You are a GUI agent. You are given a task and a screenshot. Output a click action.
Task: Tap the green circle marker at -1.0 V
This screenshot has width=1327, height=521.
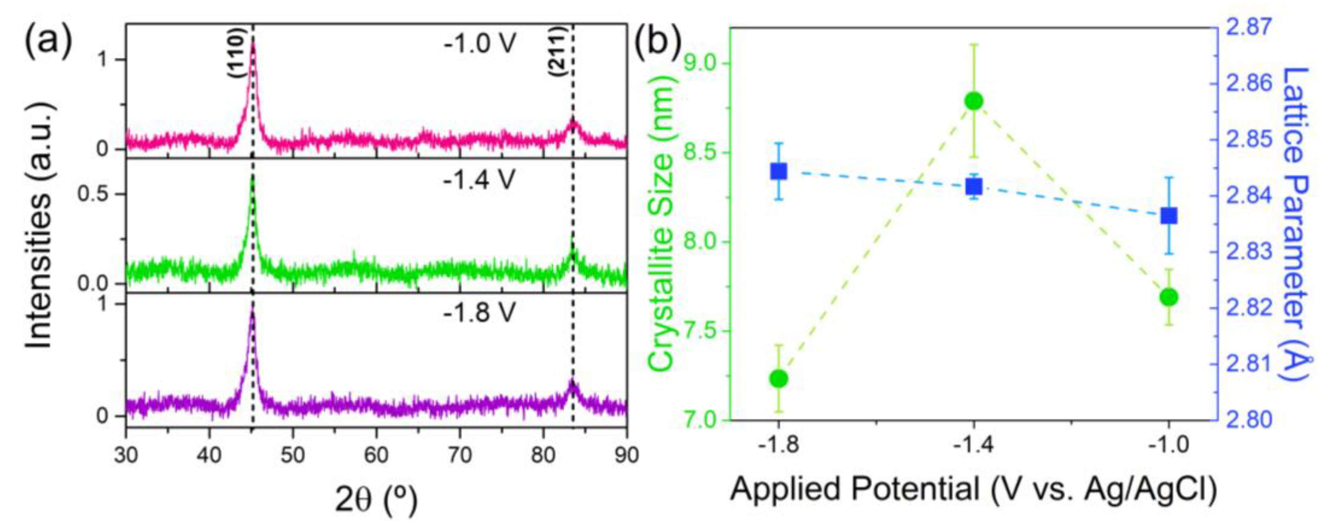[x=1169, y=297]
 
